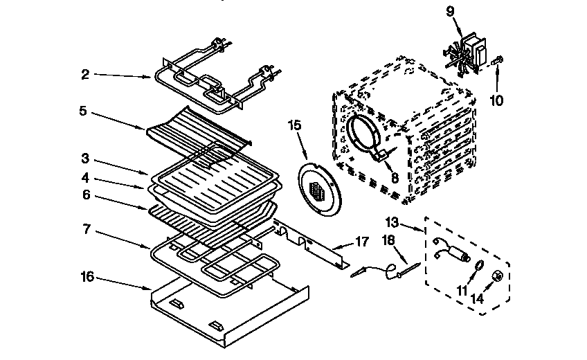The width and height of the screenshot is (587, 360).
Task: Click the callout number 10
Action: pyautogui.click(x=496, y=100)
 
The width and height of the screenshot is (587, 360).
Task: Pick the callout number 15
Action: pyautogui.click(x=294, y=125)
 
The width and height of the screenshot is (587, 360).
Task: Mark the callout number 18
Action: pyautogui.click(x=388, y=240)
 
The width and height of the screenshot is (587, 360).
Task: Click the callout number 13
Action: pyautogui.click(x=392, y=222)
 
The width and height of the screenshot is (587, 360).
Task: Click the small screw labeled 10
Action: pyautogui.click(x=496, y=63)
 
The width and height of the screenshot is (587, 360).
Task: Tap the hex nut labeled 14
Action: pyautogui.click(x=496, y=277)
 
